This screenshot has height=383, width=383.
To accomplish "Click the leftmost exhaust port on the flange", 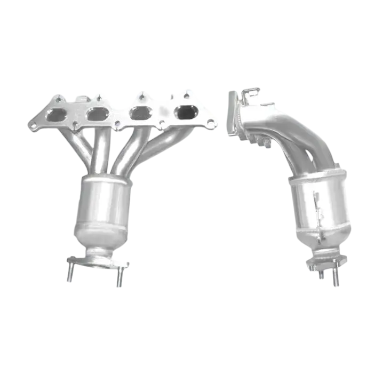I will pyautogui.click(x=57, y=115).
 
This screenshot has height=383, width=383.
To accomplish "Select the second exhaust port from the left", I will pyautogui.click(x=97, y=114).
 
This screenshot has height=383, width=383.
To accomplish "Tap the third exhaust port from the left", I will pyautogui.click(x=141, y=114).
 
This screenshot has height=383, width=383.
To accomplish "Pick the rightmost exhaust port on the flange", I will pyautogui.click(x=185, y=113).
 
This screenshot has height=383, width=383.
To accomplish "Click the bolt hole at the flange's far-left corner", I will pyautogui.click(x=34, y=127).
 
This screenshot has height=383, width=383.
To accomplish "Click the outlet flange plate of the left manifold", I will pyautogui.click(x=99, y=261).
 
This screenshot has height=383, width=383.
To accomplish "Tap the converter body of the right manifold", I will pyautogui.click(x=320, y=205).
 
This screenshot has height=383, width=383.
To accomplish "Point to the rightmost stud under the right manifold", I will pyautogui.click(x=336, y=275).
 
